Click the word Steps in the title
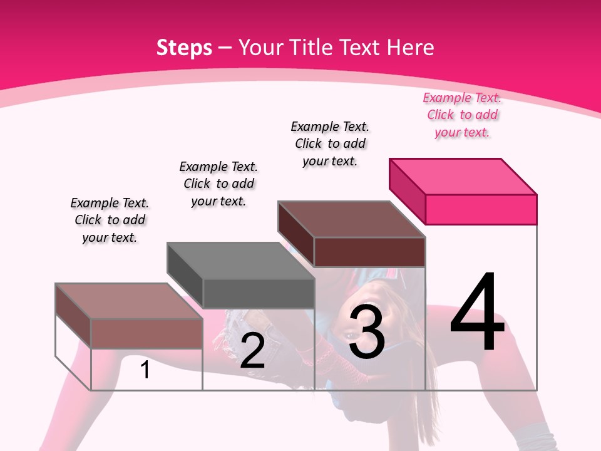tap(183, 48)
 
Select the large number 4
tap(477, 313)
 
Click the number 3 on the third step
tap(366, 332)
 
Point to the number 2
tap(252, 351)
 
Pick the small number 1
tap(145, 370)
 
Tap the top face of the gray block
tap(240, 261)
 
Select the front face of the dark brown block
tap(369, 252)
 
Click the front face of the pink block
tap(481, 209)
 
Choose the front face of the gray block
tap(258, 293)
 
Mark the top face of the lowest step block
tap(129, 301)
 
